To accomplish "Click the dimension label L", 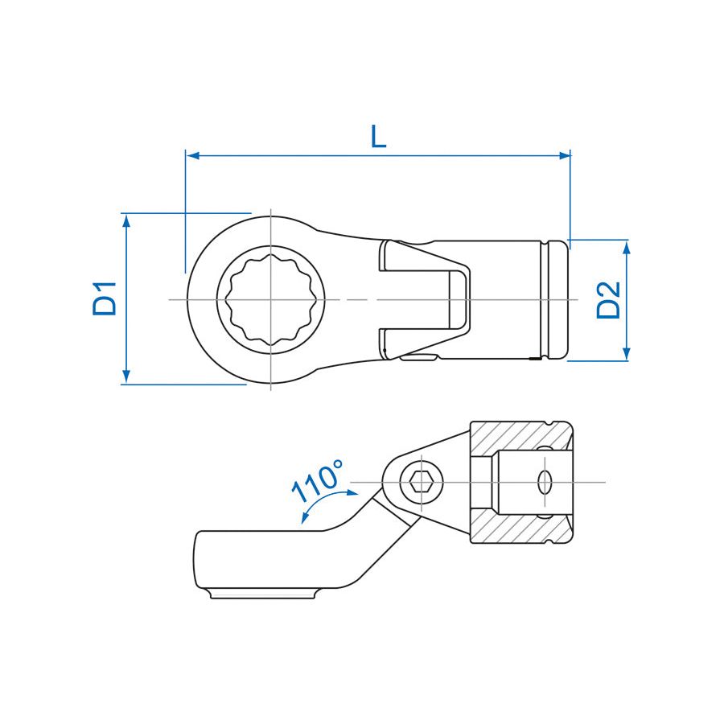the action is pos(379,137).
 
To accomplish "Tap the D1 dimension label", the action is pos(105,298).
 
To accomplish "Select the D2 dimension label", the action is pos(608,300).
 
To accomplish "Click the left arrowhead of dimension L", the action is pos(192,155).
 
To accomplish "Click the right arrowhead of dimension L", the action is pos(564,155).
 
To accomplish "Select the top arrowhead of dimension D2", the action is pos(626,248).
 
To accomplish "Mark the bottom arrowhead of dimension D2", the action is pos(626,354).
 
